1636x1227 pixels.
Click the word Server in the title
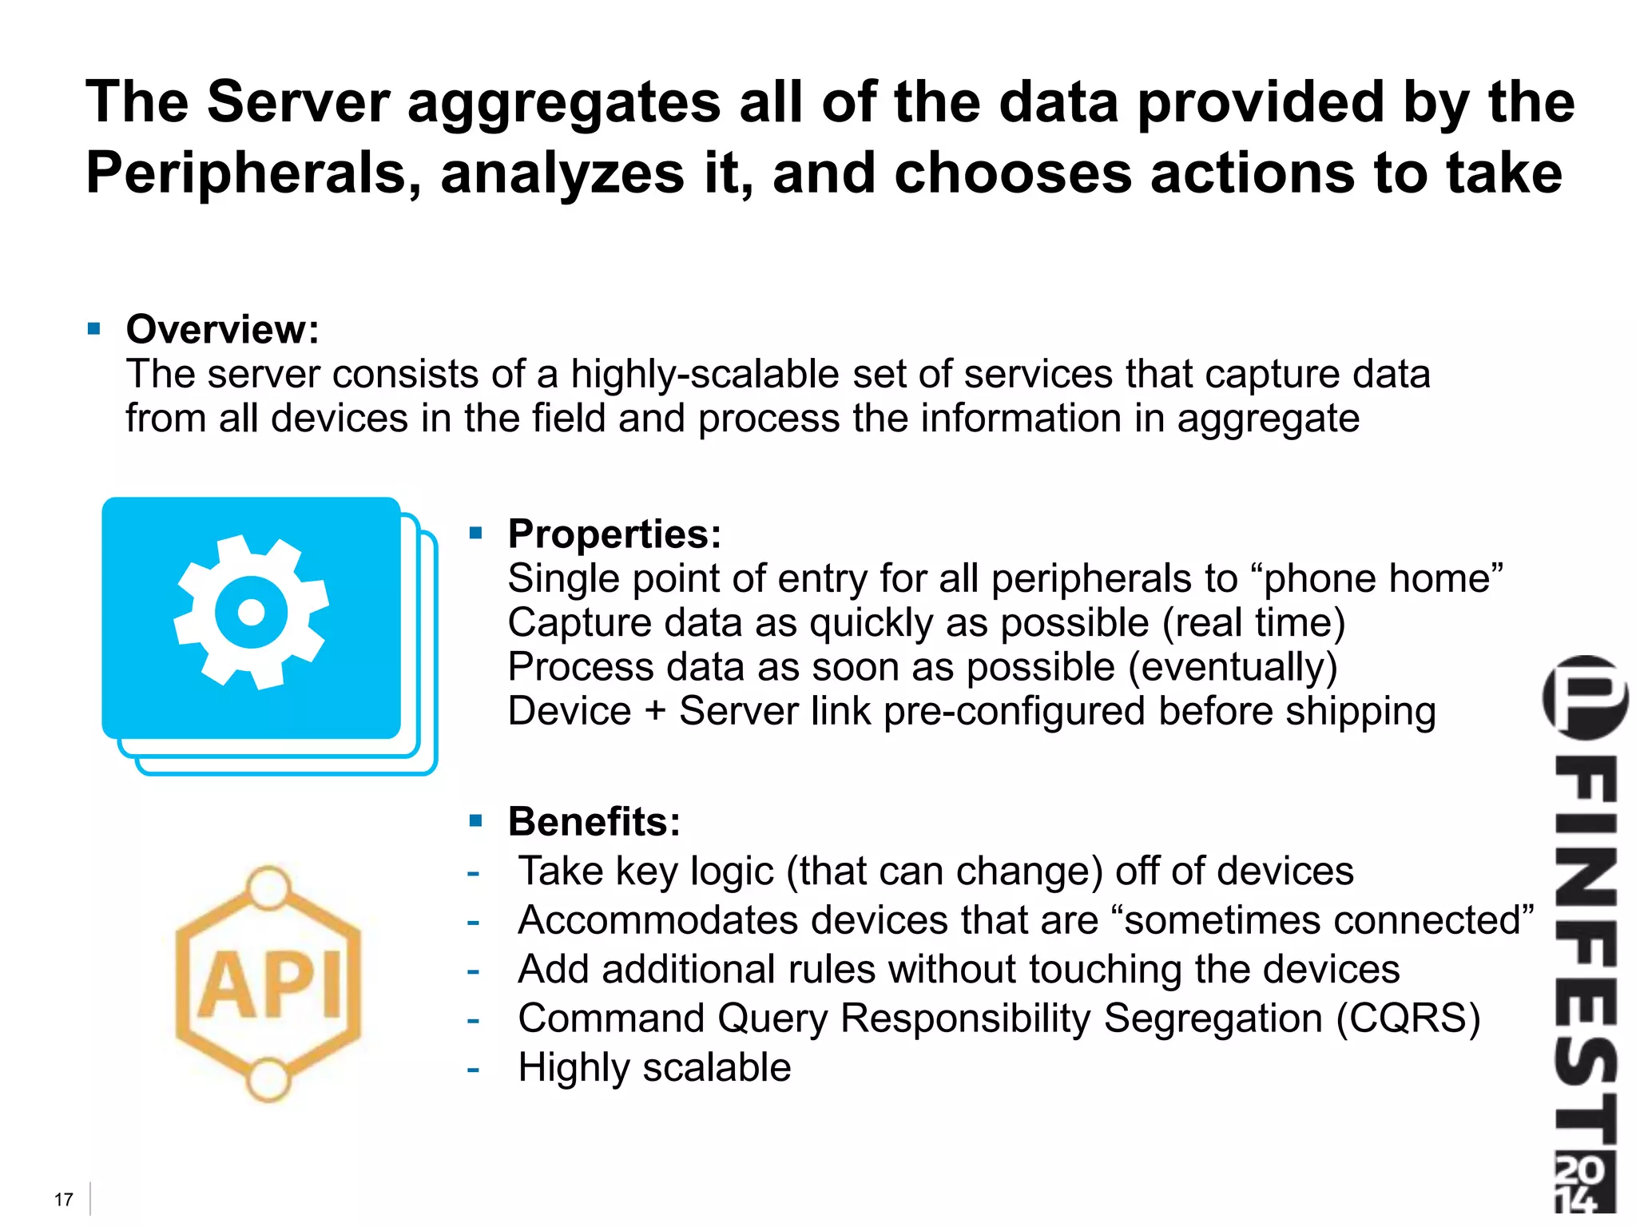[297, 102]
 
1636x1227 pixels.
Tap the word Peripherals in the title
[253, 173]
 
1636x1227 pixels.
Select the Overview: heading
[222, 329]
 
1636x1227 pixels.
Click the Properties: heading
[614, 534]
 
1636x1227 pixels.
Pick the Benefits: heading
[594, 821]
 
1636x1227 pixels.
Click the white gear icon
[252, 612]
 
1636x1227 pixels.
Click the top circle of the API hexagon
[268, 887]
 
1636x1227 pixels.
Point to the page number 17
[64, 1199]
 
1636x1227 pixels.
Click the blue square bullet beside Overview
[94, 328]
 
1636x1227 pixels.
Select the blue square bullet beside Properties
[476, 533]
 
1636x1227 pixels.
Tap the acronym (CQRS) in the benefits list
[1408, 1019]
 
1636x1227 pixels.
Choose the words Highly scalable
[654, 1067]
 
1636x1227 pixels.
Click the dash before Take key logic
[473, 872]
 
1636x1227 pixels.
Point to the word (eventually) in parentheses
[1233, 667]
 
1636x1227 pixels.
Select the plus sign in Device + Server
[655, 711]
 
